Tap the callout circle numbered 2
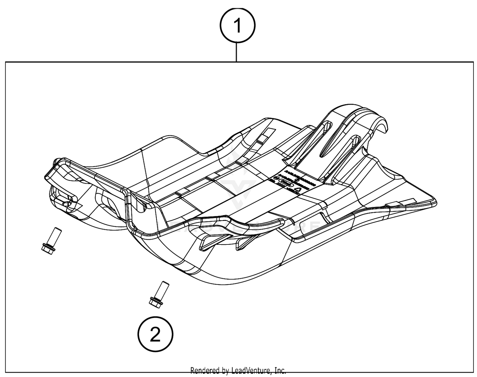[x=155, y=334]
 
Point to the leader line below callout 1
[x=237, y=51]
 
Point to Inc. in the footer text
[x=280, y=370]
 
